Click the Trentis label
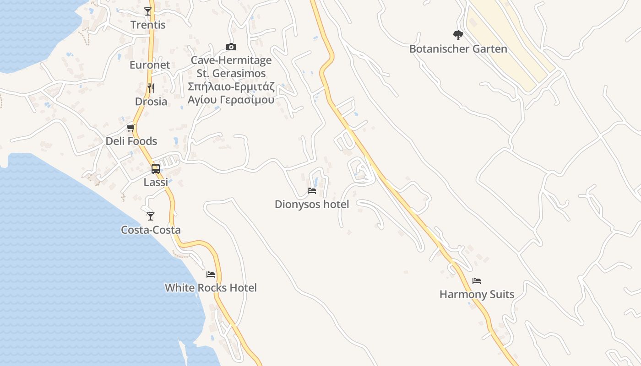tap(148, 25)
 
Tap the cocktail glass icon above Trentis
tap(148, 11)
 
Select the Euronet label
tap(150, 65)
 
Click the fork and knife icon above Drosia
tap(151, 88)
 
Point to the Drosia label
tap(151, 102)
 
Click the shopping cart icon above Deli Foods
tap(131, 128)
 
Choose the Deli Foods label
tap(131, 141)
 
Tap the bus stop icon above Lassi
tap(156, 168)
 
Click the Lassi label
tap(156, 182)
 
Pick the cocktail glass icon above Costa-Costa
tap(151, 216)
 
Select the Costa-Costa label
tap(151, 230)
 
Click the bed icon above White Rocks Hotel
tap(211, 274)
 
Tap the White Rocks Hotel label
tap(211, 288)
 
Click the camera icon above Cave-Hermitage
tap(231, 47)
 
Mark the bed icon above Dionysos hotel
tap(312, 190)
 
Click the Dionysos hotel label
tap(312, 205)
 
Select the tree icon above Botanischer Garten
tap(458, 35)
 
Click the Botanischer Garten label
tap(458, 49)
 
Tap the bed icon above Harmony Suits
tap(477, 280)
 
